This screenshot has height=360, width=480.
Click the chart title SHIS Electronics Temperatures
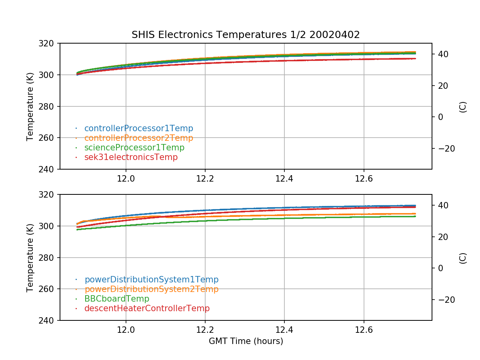point(246,35)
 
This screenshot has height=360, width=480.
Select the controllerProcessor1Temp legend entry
point(138,128)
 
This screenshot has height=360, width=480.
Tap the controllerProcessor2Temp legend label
point(138,138)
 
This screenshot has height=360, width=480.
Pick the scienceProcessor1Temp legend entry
point(134,148)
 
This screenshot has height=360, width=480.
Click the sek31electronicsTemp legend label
point(131,157)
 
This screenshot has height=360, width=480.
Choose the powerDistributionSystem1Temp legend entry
point(151,280)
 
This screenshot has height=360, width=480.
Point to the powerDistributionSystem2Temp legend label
point(151,289)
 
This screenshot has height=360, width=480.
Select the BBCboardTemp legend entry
point(116,299)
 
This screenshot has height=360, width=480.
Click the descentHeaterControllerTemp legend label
point(147,308)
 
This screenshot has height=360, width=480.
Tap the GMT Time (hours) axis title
point(246,341)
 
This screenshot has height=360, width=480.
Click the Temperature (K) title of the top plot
point(30,106)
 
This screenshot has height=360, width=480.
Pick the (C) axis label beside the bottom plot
point(463,258)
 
